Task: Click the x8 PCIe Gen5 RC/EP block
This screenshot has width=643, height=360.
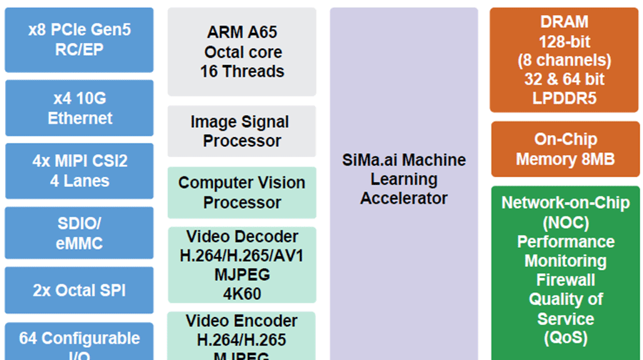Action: (79, 40)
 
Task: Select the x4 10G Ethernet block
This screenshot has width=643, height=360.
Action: (79, 108)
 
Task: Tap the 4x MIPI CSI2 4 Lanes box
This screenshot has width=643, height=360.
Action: (79, 171)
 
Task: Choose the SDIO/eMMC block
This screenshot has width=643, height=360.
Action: (79, 233)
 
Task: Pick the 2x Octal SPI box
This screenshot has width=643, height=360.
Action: (79, 291)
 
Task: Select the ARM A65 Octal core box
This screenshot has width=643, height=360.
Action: (241, 51)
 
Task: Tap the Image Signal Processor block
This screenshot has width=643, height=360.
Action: (241, 131)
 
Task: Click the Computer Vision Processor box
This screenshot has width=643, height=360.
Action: (241, 192)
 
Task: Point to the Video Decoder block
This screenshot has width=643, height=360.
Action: (241, 264)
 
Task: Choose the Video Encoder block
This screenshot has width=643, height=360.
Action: (241, 336)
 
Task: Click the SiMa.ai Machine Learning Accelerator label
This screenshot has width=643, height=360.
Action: (404, 179)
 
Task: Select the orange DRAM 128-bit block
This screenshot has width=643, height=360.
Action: (564, 60)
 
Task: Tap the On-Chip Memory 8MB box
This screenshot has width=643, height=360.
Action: (564, 149)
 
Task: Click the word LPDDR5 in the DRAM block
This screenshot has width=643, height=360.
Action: (564, 99)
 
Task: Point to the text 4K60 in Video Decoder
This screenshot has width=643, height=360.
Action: (241, 294)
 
